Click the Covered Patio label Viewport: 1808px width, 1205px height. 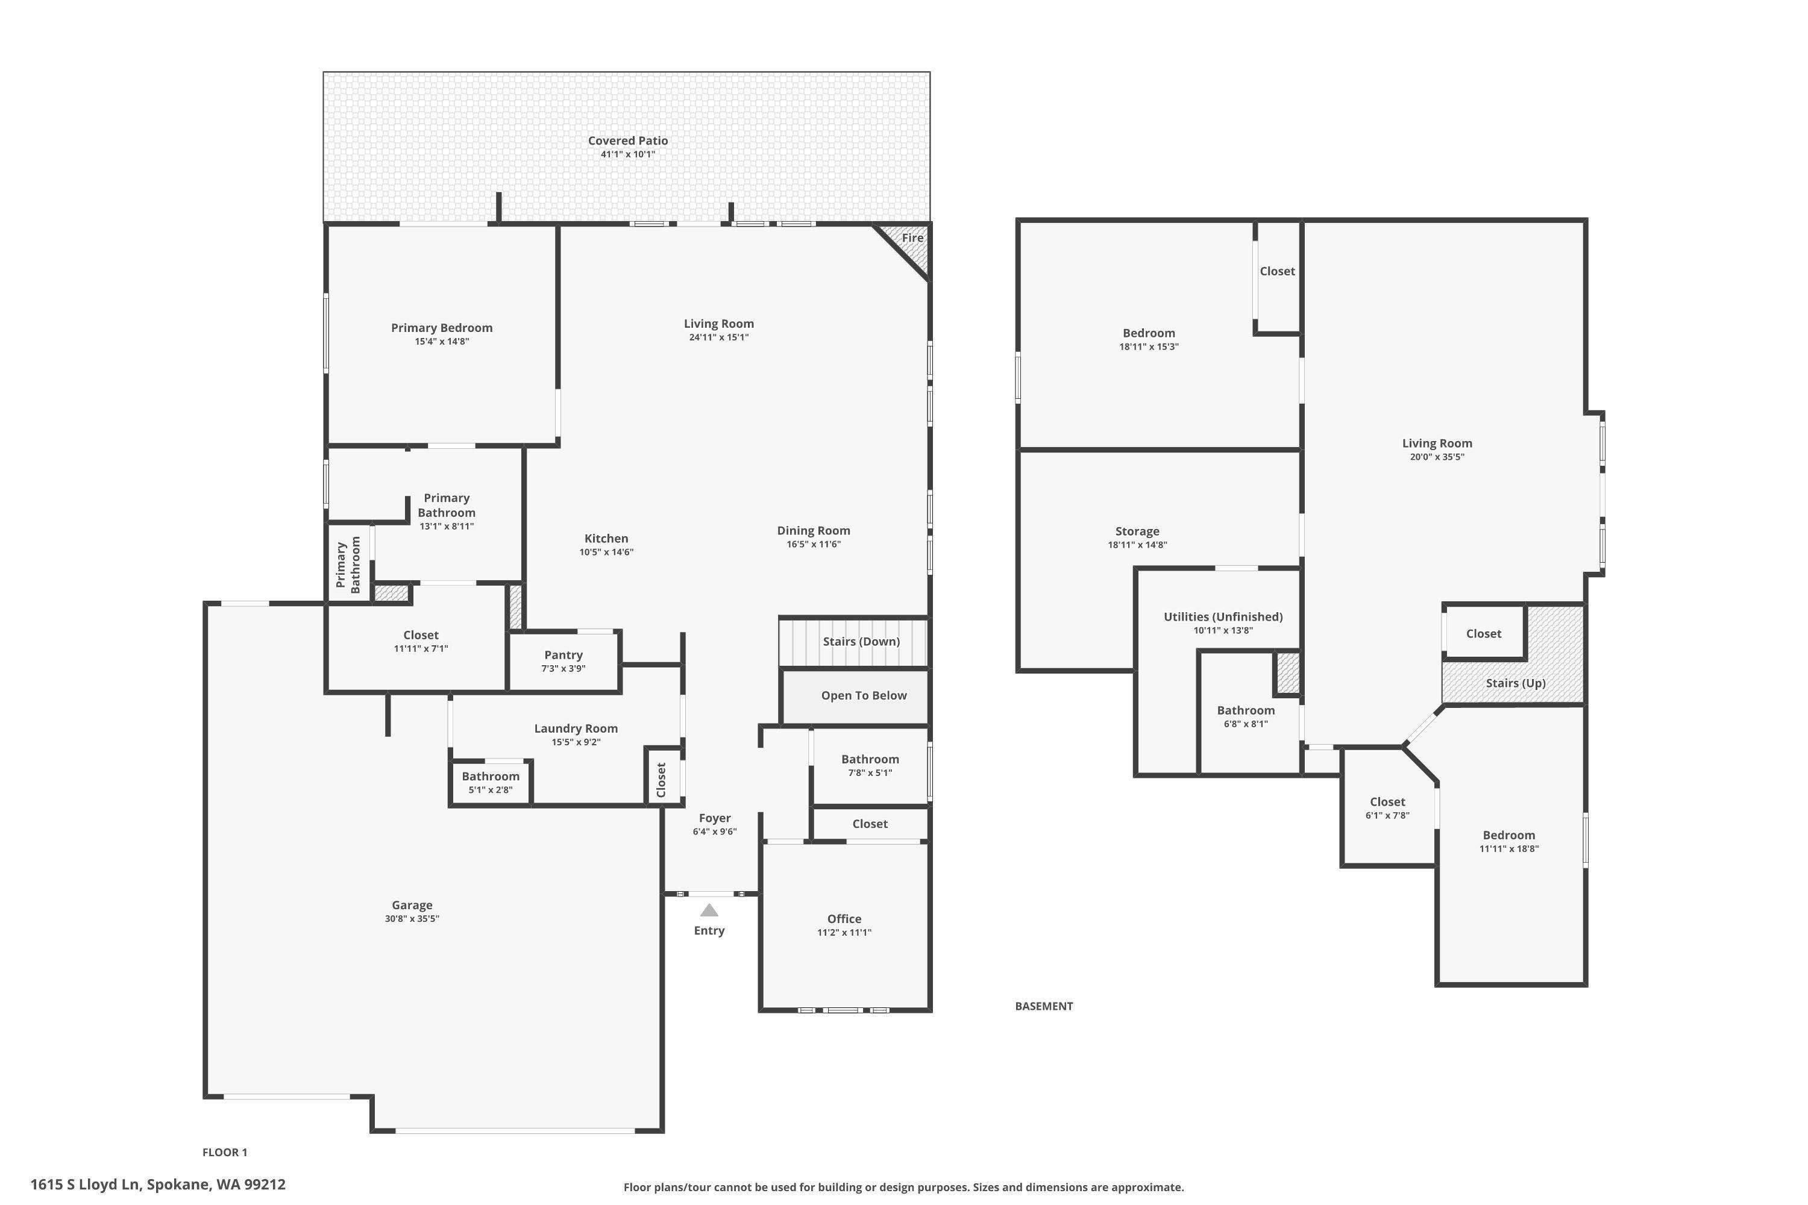click(627, 140)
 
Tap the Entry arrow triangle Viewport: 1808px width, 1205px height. click(709, 910)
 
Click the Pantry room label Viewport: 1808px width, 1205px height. click(563, 655)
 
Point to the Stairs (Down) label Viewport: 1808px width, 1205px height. click(861, 641)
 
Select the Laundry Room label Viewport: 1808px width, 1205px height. click(575, 728)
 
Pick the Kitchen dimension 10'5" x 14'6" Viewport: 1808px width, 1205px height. click(606, 552)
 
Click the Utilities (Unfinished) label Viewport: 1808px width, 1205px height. click(1222, 616)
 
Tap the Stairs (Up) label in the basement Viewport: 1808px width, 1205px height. click(1515, 683)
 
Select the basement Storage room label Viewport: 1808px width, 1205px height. click(1137, 531)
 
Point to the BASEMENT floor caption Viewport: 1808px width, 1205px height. click(1043, 1006)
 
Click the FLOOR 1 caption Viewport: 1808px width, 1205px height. click(224, 1152)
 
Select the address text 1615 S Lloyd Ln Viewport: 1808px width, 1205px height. click(157, 1185)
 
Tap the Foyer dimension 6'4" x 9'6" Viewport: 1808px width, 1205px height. click(714, 831)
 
